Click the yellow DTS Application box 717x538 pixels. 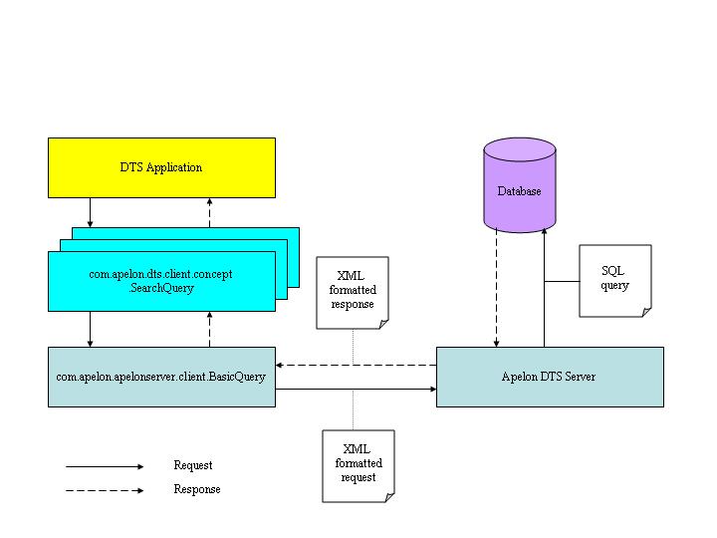click(x=161, y=167)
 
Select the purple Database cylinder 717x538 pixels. click(x=519, y=190)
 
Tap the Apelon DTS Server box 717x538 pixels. click(x=550, y=377)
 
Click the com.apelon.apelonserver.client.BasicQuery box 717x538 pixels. click(x=161, y=377)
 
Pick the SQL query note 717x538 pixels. click(x=614, y=280)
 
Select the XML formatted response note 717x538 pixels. click(x=353, y=292)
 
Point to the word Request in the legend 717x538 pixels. click(x=192, y=465)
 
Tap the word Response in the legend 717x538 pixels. click(x=196, y=489)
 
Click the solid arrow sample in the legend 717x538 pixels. click(x=105, y=465)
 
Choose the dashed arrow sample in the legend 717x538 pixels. click(x=105, y=490)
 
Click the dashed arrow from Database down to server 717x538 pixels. click(x=496, y=289)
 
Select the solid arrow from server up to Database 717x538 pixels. click(x=544, y=289)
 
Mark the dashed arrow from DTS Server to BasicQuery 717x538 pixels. click(x=356, y=365)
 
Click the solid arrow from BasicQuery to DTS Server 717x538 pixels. click(x=356, y=390)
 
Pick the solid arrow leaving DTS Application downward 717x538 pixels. click(x=91, y=212)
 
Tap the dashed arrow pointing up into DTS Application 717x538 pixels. click(x=209, y=212)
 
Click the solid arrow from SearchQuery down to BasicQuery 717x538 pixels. click(x=91, y=329)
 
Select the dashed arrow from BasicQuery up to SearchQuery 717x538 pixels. click(x=209, y=329)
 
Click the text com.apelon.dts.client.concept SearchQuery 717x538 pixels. click(x=161, y=281)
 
